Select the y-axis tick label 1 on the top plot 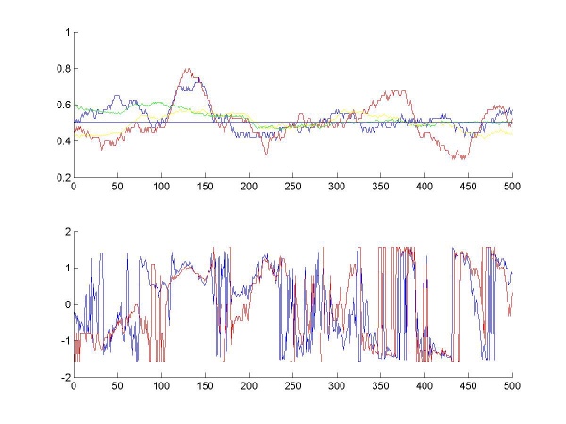click(67, 32)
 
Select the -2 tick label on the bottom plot click(64, 377)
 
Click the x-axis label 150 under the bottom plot click(205, 387)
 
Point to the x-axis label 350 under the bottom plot click(380, 387)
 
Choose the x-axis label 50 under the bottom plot click(117, 387)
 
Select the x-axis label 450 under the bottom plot click(469, 387)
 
